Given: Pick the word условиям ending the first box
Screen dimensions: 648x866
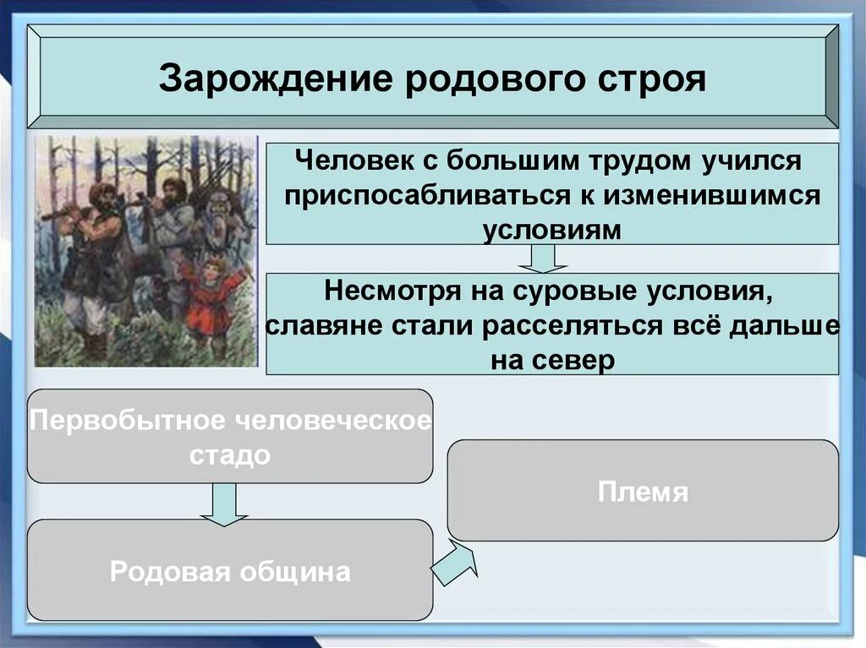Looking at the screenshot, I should [x=552, y=230].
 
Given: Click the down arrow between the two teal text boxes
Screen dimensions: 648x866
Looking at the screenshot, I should [x=543, y=259].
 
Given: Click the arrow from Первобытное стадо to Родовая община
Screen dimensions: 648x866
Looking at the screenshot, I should [x=224, y=504].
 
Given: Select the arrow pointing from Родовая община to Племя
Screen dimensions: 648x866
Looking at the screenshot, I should [x=455, y=560].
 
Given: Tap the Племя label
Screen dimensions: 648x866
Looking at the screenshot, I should [x=643, y=491].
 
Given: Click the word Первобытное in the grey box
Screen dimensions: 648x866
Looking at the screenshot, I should [x=129, y=421].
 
